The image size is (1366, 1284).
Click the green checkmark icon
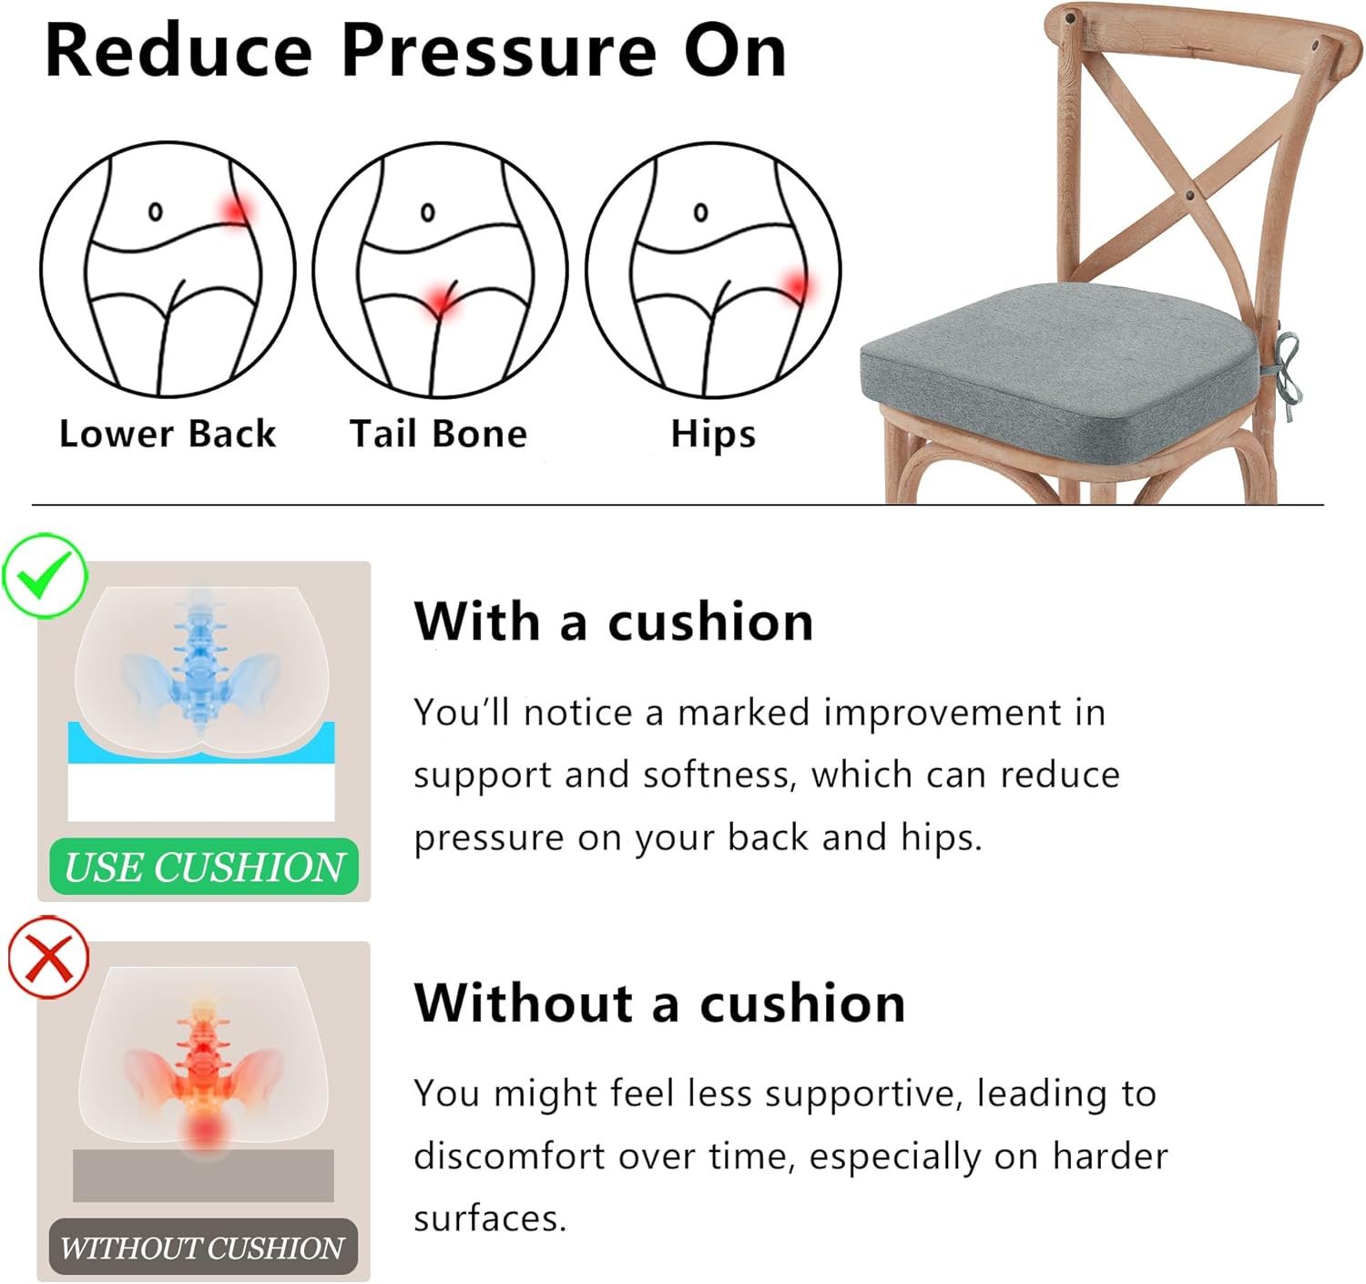[x=45, y=577]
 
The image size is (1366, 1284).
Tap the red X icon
[x=49, y=958]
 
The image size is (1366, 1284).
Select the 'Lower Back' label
[x=168, y=434]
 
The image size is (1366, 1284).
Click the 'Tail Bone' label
[x=438, y=434]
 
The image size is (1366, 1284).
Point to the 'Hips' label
[x=713, y=435]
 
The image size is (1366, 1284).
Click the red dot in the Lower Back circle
[x=236, y=211]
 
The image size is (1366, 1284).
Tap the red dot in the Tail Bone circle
[x=442, y=300]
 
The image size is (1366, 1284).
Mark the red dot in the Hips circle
[x=797, y=286]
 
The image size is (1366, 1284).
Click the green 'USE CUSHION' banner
[x=204, y=867]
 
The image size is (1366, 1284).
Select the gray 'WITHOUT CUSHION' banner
[x=203, y=1247]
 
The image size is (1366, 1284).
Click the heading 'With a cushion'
[x=614, y=622]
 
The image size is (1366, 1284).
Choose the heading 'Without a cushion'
[x=659, y=1003]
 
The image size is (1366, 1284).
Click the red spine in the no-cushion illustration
[x=203, y=1057]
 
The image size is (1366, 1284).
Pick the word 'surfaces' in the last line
[x=489, y=1218]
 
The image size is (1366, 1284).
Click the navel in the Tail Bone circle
[x=427, y=212]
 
